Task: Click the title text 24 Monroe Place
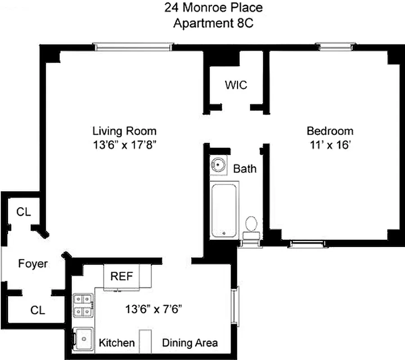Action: click(x=213, y=8)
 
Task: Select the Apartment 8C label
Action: click(x=213, y=23)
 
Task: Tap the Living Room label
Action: click(x=125, y=131)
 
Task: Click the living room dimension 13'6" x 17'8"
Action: click(x=125, y=146)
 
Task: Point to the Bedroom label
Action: click(x=330, y=131)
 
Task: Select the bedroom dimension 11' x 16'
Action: click(x=330, y=146)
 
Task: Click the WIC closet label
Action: click(x=236, y=85)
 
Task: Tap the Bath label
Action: click(x=245, y=169)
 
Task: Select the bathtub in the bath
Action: click(x=224, y=210)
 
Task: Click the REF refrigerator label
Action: click(x=122, y=276)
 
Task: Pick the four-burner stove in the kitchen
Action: click(x=84, y=306)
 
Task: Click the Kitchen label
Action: click(x=117, y=342)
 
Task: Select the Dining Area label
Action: click(x=190, y=342)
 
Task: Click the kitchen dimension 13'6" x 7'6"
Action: click(x=153, y=310)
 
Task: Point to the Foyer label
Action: click(x=33, y=264)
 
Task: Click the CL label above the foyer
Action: click(x=23, y=212)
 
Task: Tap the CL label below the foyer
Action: click(x=38, y=310)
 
